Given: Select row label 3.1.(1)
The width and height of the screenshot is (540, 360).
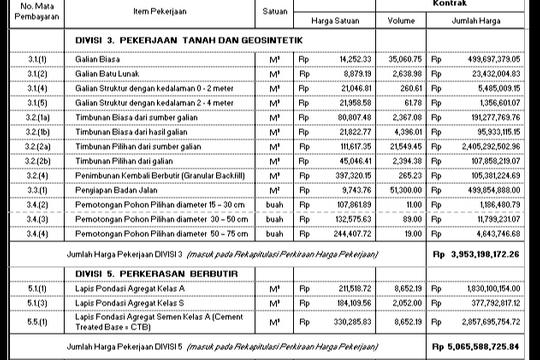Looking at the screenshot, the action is tap(39, 60).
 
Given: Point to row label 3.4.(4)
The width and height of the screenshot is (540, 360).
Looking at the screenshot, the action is tap(39, 233).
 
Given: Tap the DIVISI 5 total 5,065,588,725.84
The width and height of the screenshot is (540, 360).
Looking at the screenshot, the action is tap(483, 347).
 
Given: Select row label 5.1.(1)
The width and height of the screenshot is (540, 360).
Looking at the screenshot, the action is tap(39, 286).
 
